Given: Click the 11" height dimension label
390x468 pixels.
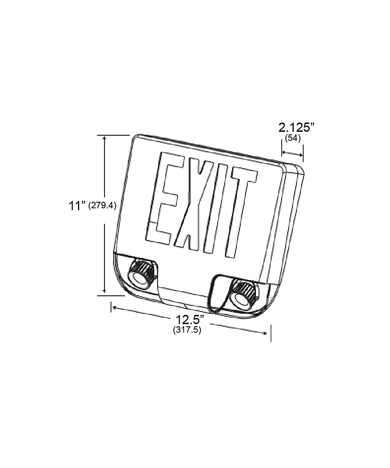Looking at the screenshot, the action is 77,206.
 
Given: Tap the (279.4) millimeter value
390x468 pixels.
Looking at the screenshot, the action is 103,206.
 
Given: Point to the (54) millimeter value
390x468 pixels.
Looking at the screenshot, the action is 292,138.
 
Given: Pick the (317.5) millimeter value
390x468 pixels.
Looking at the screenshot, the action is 187,330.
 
